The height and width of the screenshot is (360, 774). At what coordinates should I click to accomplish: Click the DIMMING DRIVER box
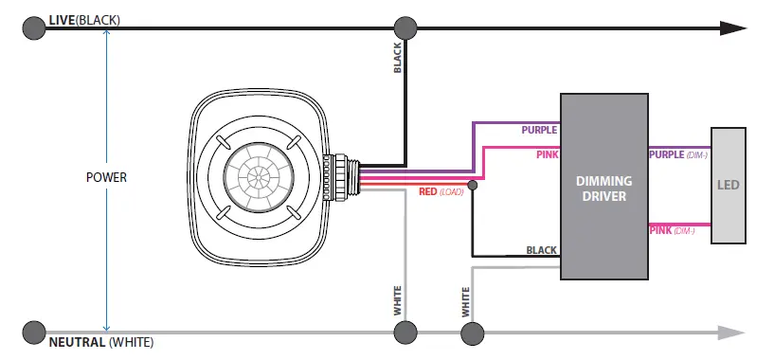click(x=603, y=187)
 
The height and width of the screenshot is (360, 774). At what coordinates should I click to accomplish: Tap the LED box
click(x=729, y=185)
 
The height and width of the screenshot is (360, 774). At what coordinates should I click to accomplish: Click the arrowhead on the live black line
click(x=732, y=28)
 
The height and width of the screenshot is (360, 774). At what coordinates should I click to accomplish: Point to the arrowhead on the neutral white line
click(x=731, y=333)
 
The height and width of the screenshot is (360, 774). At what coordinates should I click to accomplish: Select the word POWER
click(x=107, y=177)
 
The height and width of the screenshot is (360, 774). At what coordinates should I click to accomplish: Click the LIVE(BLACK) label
click(x=84, y=20)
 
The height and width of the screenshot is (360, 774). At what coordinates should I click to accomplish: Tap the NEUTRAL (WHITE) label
click(x=101, y=342)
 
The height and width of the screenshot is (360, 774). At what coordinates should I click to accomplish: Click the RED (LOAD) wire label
click(x=441, y=191)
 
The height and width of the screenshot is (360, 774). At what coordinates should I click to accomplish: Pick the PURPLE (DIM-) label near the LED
click(x=678, y=154)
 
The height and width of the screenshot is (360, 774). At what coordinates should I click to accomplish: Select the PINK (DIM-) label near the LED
click(x=672, y=230)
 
